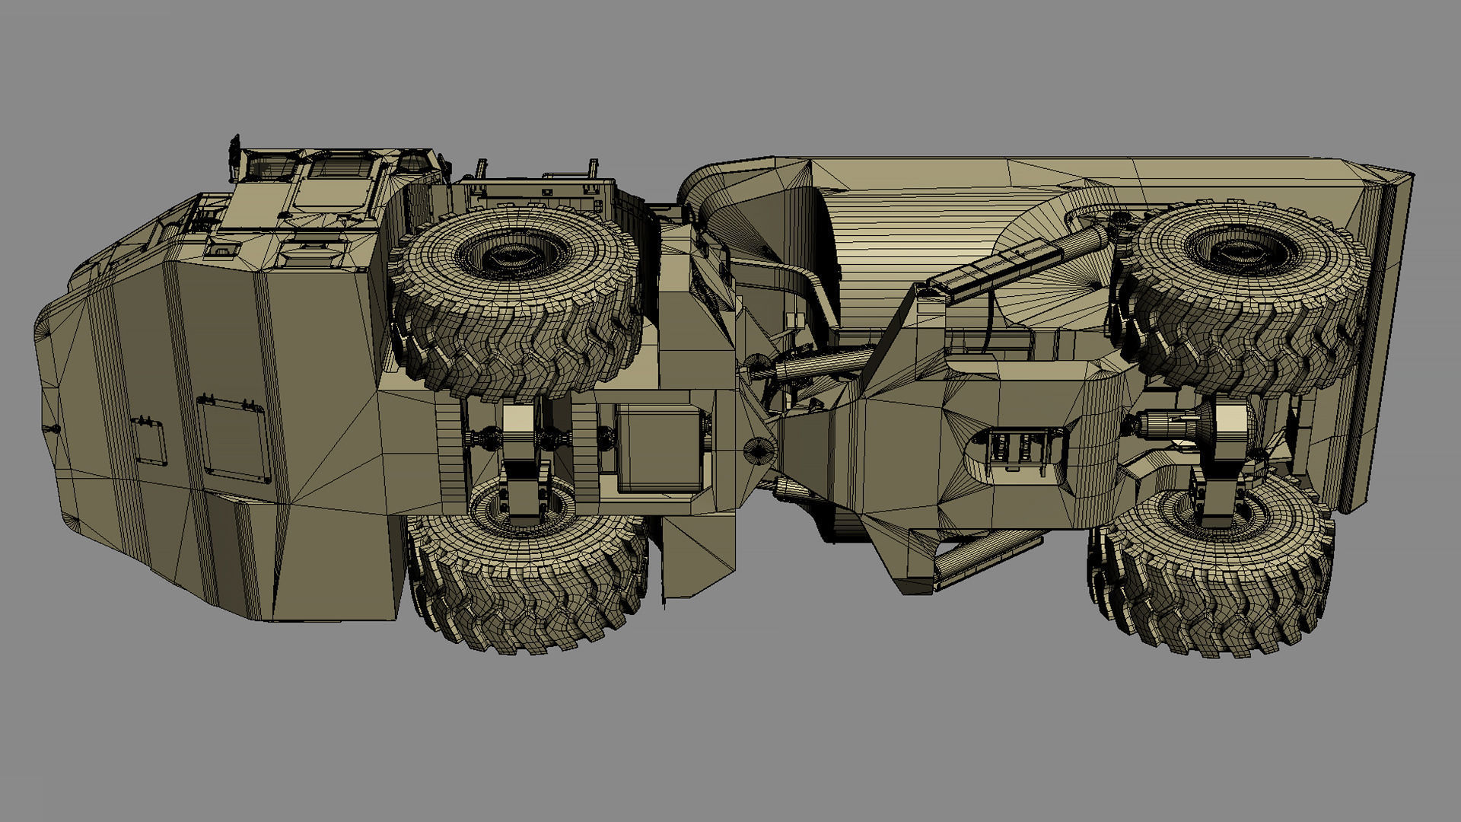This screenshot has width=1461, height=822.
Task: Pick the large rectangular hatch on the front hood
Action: (233, 439)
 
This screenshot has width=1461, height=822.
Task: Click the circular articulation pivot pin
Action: (758, 450)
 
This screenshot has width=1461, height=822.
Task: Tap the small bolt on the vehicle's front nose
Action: (54, 430)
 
